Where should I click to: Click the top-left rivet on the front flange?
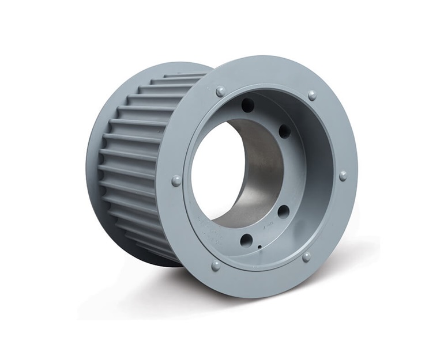coord(220,91)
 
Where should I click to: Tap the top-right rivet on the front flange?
coord(312,95)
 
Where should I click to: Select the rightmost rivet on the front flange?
coord(343,176)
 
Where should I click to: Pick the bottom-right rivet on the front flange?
coord(306,256)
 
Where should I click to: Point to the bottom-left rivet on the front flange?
coord(216,266)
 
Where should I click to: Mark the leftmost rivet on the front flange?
coord(176,181)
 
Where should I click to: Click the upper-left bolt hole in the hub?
coord(248,105)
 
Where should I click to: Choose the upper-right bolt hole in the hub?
coord(285,131)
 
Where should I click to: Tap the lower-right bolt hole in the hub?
coord(283,211)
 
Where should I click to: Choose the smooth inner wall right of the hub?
coord(314,173)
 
